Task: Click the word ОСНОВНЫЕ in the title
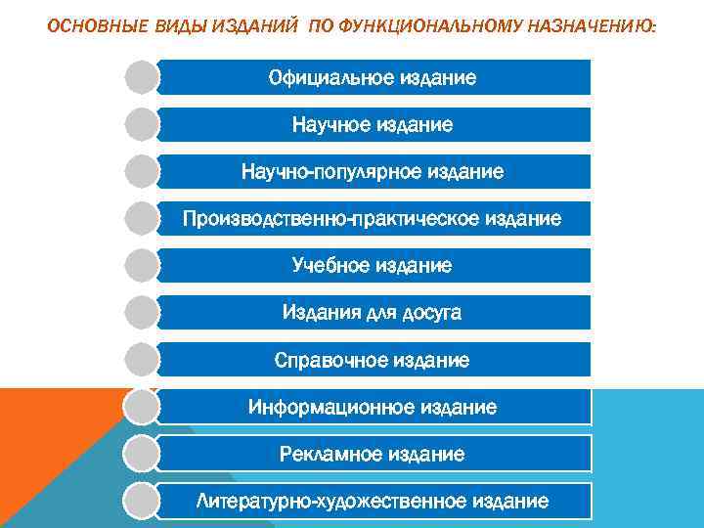85,25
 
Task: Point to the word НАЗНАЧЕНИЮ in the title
586,25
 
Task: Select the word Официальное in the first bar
330,77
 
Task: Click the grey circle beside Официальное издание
142,77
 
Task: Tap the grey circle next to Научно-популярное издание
142,171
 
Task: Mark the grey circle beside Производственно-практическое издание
142,218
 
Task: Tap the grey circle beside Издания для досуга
142,313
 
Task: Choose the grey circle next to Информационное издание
142,407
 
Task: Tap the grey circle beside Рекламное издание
142,454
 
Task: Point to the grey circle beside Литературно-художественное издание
142,501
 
